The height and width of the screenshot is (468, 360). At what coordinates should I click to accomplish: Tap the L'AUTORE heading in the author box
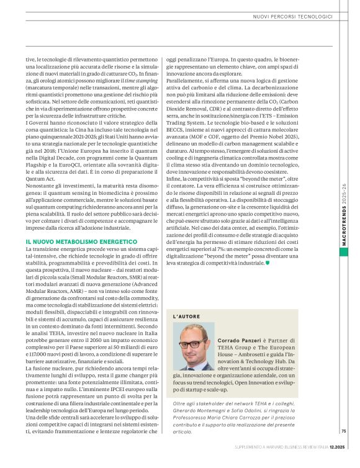pos(186,317)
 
